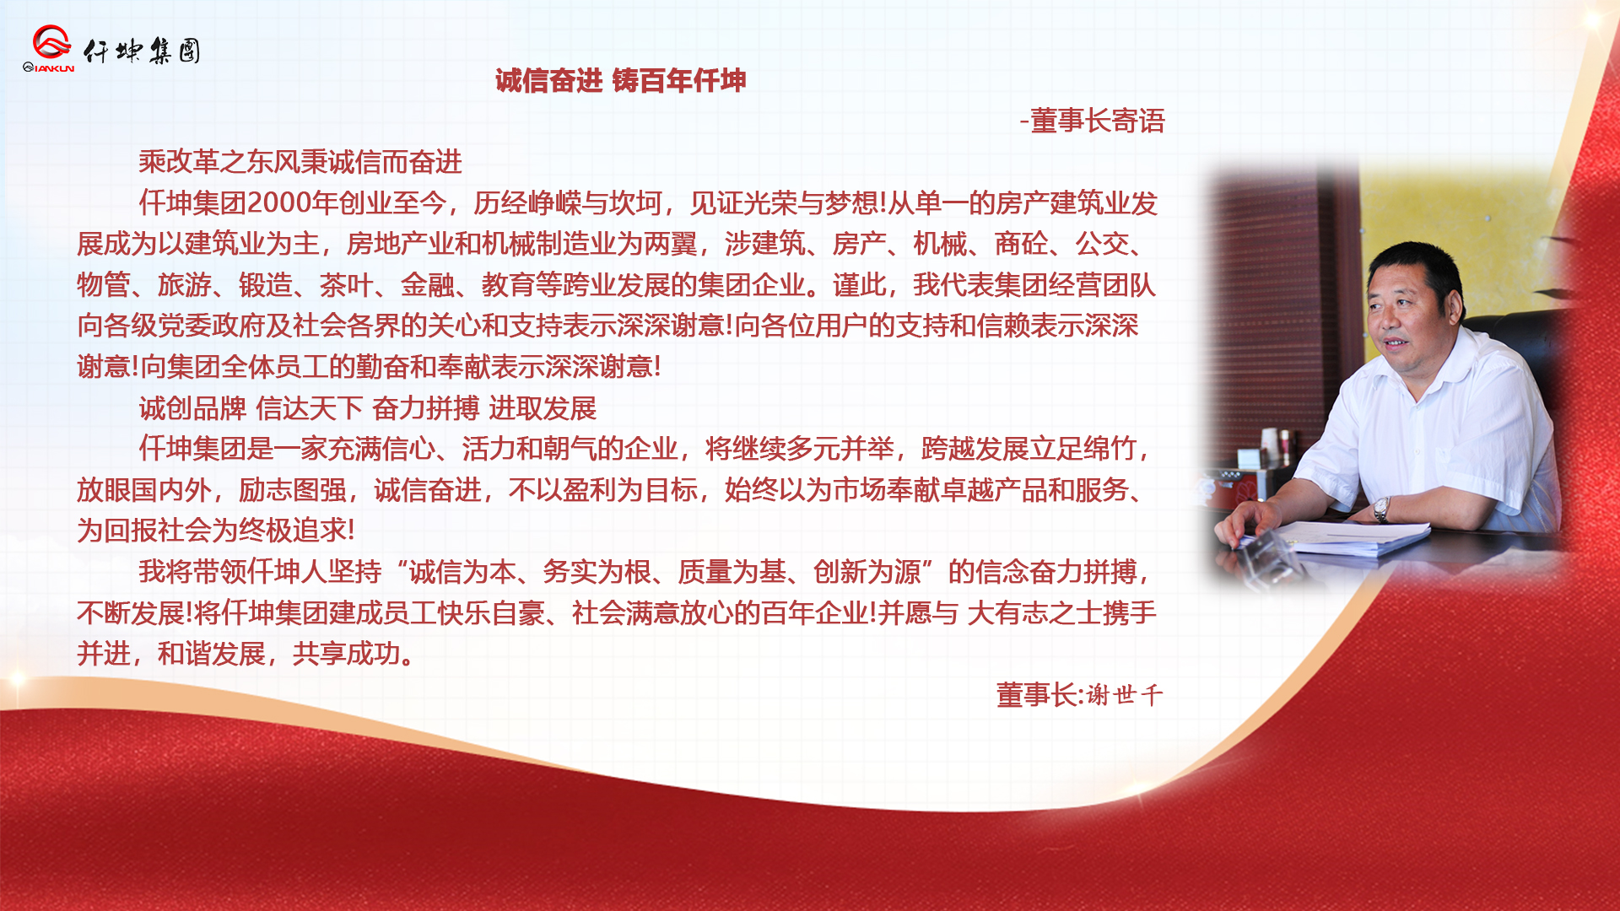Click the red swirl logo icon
tap(51, 41)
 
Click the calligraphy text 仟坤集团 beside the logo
tap(142, 51)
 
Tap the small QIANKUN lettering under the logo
tap(49, 67)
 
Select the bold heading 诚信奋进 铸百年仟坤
tap(620, 81)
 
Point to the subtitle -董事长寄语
tap(1092, 121)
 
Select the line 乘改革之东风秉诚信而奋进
tap(300, 161)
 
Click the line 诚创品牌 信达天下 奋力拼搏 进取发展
tap(368, 408)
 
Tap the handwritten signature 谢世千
tap(1125, 695)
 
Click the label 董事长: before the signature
tap(1039, 695)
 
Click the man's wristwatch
tap(1381, 509)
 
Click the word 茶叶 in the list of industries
tap(346, 285)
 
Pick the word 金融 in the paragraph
tap(427, 285)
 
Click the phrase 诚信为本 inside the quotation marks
tap(462, 572)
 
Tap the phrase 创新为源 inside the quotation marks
tap(867, 572)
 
